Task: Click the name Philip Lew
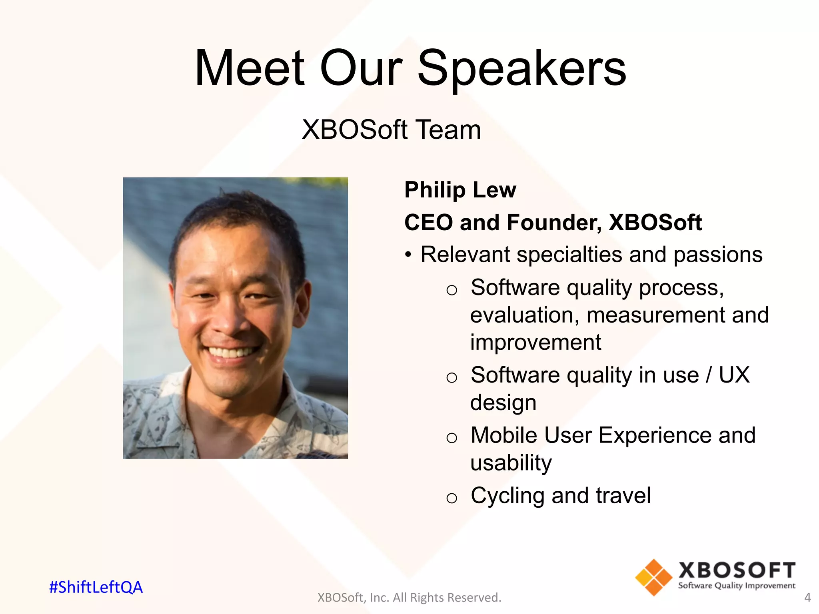pyautogui.click(x=460, y=190)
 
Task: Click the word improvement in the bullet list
pyautogui.click(x=535, y=343)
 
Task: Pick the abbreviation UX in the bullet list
pyautogui.click(x=734, y=375)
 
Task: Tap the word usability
pyautogui.click(x=511, y=463)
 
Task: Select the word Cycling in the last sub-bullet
pyautogui.click(x=507, y=496)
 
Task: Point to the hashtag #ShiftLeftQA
pyautogui.click(x=96, y=587)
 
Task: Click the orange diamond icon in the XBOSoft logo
pyautogui.click(x=653, y=577)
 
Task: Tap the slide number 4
pyautogui.click(x=807, y=598)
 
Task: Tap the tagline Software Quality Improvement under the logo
pyautogui.click(x=736, y=586)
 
